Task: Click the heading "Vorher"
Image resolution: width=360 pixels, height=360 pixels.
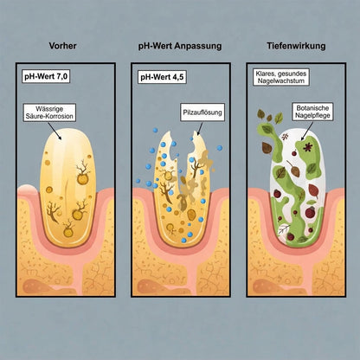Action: (x=62, y=46)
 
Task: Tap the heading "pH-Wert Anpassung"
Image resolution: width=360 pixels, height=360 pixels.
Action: (x=180, y=46)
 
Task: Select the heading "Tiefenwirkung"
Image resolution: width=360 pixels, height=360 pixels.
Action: (x=296, y=46)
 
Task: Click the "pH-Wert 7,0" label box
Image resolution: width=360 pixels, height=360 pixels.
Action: (x=46, y=77)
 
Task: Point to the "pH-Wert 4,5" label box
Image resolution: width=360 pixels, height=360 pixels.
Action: (x=162, y=77)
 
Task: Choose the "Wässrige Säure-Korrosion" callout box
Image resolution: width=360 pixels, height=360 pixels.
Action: (x=49, y=112)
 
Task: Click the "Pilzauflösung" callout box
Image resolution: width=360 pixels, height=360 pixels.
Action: (x=202, y=112)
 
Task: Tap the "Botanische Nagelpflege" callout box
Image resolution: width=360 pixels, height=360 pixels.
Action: (x=312, y=112)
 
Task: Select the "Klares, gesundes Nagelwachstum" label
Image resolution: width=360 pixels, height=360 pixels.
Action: (x=281, y=77)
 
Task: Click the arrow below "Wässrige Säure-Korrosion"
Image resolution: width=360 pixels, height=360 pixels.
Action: (x=54, y=130)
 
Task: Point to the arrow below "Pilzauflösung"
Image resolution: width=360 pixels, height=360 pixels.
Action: (x=200, y=128)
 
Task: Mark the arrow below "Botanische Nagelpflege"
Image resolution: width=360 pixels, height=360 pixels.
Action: (x=307, y=131)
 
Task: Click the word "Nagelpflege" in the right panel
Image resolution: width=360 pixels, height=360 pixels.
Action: (x=312, y=115)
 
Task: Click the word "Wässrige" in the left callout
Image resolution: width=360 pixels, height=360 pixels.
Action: (x=49, y=109)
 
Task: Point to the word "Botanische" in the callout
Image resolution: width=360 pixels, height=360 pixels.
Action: (x=312, y=108)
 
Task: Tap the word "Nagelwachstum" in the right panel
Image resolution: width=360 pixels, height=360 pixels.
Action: (x=281, y=80)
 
